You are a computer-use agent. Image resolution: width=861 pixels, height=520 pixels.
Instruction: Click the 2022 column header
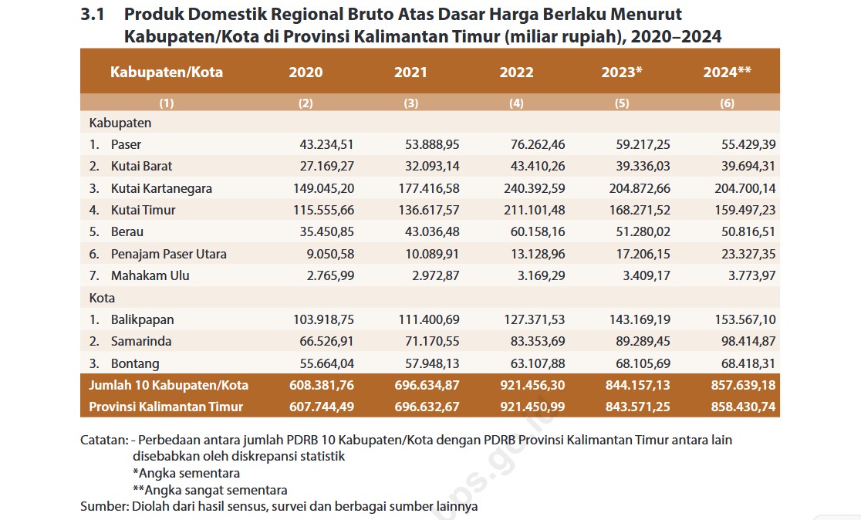tap(516, 72)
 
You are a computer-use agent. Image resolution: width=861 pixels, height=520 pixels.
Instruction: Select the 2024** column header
tap(727, 72)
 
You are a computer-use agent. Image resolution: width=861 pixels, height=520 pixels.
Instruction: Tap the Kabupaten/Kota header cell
tap(167, 72)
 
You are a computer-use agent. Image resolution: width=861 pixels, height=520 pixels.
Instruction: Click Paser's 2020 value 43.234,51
tap(326, 144)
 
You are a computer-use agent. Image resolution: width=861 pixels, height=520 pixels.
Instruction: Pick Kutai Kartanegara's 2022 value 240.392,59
tap(535, 188)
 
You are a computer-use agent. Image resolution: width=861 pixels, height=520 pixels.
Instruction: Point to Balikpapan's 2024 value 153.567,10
tap(745, 319)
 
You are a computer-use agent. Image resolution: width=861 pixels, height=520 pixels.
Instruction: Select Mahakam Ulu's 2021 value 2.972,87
tap(435, 275)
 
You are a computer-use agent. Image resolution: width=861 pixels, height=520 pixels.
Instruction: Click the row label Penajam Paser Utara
tap(169, 255)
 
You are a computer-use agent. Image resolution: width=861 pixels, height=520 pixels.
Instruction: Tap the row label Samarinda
tap(141, 342)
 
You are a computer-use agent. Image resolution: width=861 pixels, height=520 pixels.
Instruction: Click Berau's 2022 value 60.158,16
tap(538, 231)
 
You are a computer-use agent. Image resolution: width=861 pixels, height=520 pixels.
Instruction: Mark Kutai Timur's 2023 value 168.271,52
tap(640, 211)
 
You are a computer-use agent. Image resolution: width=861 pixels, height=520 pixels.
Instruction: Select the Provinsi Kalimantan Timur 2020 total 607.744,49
tap(322, 407)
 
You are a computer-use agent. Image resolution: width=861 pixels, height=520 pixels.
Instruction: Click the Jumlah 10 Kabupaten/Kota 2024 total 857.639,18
tap(744, 385)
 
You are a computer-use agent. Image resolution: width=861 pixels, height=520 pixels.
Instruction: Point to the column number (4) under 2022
tap(516, 103)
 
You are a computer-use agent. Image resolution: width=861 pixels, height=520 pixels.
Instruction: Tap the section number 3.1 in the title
tap(93, 15)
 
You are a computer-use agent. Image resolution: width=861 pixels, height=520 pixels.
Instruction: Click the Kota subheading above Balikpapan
tap(102, 298)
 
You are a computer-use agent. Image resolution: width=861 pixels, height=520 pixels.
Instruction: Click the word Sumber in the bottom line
tap(104, 506)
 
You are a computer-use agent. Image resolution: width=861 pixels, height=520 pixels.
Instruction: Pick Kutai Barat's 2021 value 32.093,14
tap(432, 167)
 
